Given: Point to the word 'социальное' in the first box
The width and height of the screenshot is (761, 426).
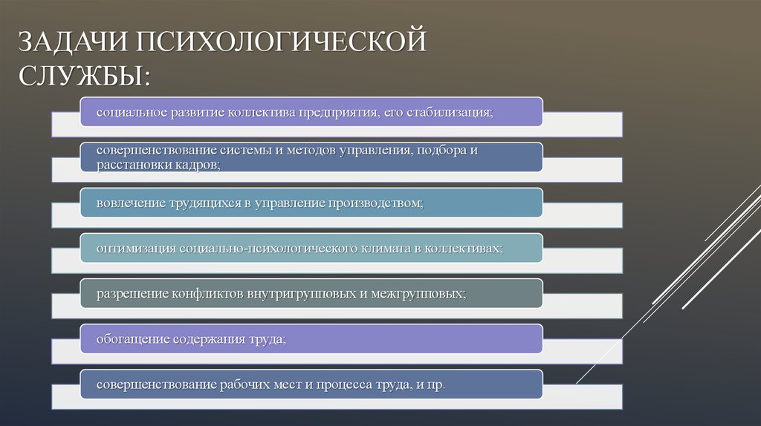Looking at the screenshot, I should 124,111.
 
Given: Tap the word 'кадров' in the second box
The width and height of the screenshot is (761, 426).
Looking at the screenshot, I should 195,164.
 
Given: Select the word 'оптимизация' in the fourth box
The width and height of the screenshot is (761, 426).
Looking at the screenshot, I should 131,248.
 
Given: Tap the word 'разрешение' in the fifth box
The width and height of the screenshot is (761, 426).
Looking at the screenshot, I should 127,294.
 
